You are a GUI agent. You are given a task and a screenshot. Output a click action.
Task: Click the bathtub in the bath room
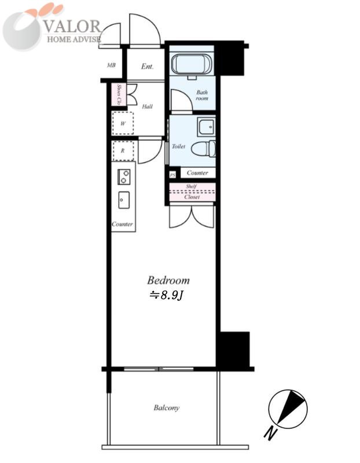click(192, 64)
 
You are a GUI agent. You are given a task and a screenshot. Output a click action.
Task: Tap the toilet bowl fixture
click(203, 148)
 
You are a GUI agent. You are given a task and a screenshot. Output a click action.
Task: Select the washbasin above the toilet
click(206, 126)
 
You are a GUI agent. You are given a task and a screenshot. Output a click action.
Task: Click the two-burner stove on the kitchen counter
click(124, 177)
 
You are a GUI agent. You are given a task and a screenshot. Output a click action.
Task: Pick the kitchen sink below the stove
click(124, 200)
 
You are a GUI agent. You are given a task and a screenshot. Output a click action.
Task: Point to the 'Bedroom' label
click(168, 280)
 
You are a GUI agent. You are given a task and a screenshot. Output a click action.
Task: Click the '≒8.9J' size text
click(167, 295)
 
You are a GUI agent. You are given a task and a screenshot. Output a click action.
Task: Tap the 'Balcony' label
click(166, 408)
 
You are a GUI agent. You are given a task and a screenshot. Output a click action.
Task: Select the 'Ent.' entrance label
click(147, 67)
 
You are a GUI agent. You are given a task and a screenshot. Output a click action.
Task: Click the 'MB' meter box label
click(111, 65)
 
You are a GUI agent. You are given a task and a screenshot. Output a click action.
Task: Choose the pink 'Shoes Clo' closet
click(119, 94)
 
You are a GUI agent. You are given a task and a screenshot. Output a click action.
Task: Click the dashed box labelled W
click(123, 123)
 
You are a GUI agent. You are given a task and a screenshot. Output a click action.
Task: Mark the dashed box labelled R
click(123, 150)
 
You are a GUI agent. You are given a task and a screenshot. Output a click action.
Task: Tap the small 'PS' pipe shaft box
click(172, 175)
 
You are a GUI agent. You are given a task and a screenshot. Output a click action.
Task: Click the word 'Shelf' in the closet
click(192, 186)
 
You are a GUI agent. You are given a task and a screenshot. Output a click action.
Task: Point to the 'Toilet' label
click(179, 146)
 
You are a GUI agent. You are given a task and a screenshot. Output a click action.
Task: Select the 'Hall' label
click(147, 106)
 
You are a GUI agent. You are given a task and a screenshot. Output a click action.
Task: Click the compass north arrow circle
click(288, 409)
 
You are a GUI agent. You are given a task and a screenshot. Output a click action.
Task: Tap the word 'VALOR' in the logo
click(73, 26)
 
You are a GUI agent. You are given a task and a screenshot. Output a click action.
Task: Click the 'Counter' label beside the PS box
click(197, 172)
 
